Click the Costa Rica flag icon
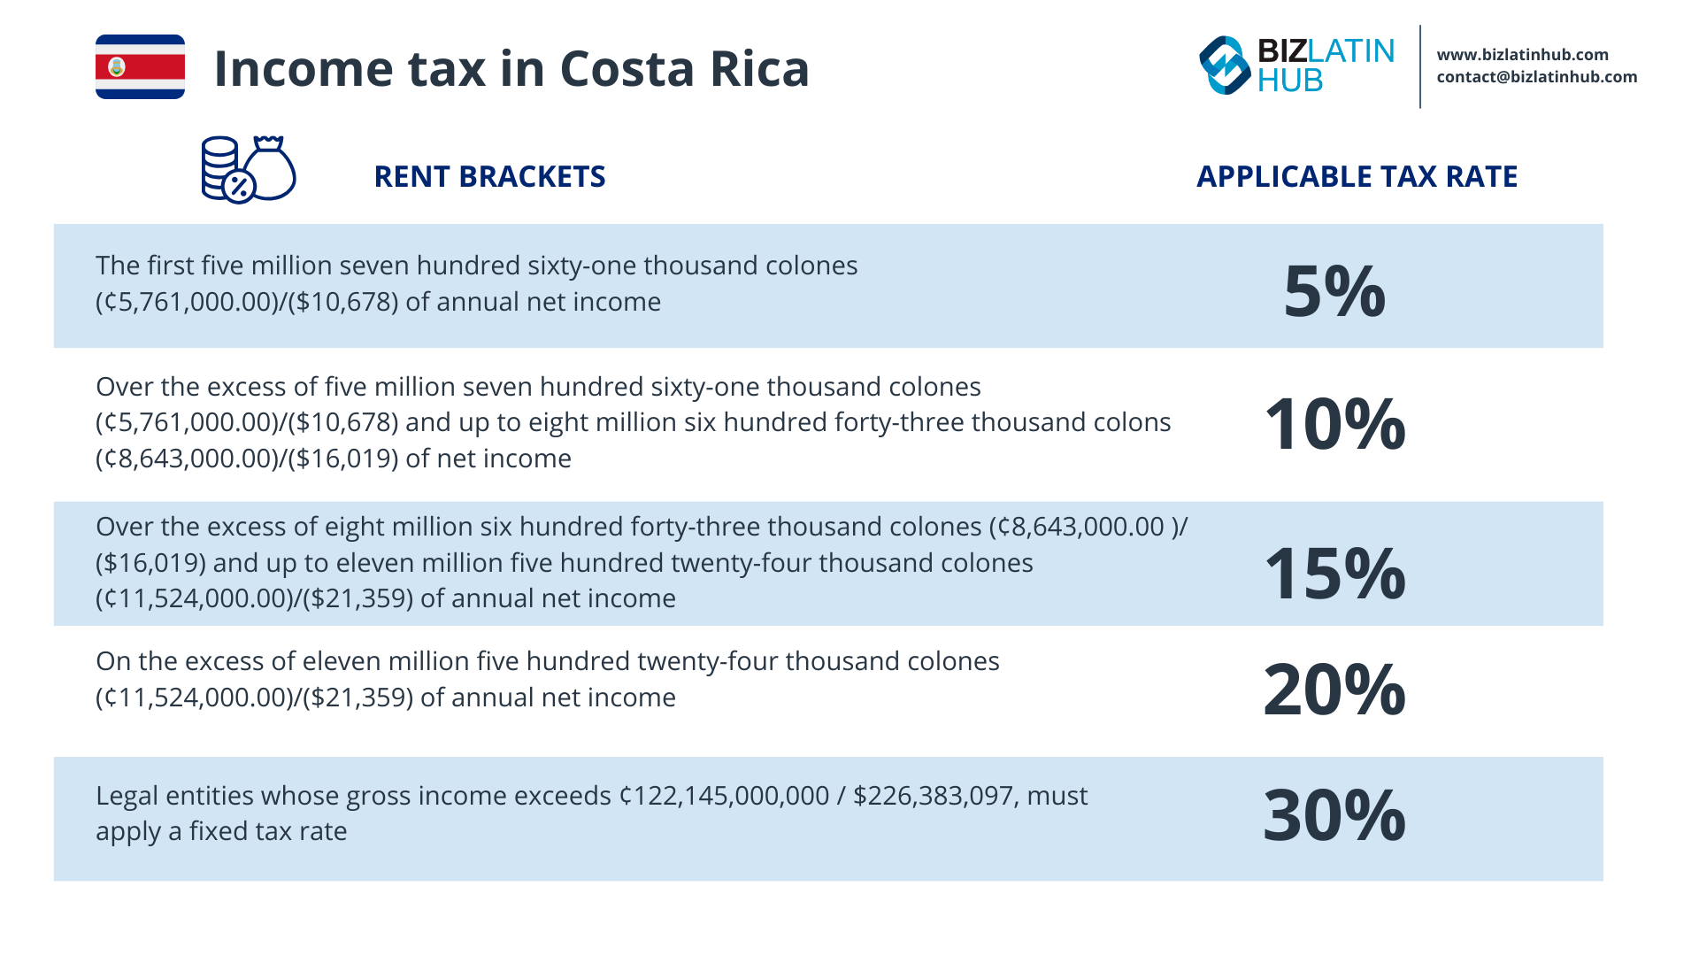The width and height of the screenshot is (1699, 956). click(x=140, y=67)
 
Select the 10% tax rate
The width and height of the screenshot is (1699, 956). click(x=1334, y=424)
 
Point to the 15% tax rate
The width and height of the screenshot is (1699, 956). click(x=1334, y=574)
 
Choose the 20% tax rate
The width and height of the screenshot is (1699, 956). click(x=1334, y=690)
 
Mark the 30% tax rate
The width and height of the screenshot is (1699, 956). click(x=1334, y=815)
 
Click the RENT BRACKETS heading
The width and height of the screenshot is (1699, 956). click(x=489, y=177)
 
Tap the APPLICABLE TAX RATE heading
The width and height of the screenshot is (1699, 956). click(x=1357, y=177)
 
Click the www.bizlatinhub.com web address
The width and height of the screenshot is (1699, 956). click(x=1522, y=55)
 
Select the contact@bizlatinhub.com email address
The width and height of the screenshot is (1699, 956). click(x=1536, y=77)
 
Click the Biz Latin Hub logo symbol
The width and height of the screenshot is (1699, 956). click(x=1225, y=66)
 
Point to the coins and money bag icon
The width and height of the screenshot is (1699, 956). click(x=248, y=169)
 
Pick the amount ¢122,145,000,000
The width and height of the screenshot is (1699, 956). click(x=724, y=796)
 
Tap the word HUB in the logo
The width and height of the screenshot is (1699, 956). click(x=1289, y=81)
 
